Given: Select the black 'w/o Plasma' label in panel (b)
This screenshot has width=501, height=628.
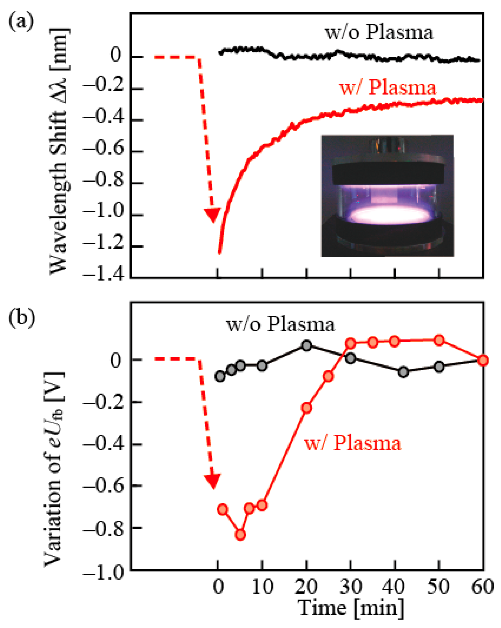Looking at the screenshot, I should point(280,324).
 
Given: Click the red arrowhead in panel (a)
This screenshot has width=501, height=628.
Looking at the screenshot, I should point(213,215).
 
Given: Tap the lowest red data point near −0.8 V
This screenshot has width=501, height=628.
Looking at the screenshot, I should point(240,535).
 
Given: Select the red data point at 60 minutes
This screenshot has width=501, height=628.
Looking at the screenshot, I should point(483,361).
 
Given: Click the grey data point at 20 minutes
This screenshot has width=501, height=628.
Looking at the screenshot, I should point(306,345).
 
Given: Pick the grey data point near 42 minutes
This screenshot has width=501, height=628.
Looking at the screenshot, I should point(403,372).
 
